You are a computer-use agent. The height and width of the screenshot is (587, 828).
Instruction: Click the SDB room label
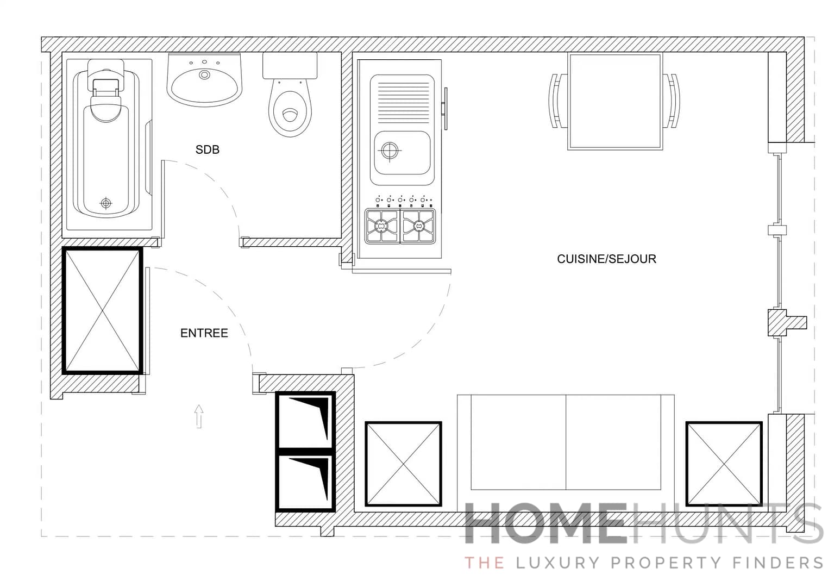click(x=207, y=149)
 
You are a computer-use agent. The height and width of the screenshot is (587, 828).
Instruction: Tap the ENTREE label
click(x=204, y=333)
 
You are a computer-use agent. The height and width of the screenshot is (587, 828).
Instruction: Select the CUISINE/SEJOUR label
click(x=606, y=259)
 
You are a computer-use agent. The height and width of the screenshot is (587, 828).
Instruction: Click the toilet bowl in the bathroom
click(x=291, y=111)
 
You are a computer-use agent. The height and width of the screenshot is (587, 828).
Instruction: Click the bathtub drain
click(x=106, y=203)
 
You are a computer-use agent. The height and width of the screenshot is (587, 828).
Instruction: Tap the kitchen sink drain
click(x=390, y=150)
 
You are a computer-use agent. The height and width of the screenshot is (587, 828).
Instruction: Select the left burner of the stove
click(x=382, y=226)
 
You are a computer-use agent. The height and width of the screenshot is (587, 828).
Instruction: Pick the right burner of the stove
click(x=418, y=226)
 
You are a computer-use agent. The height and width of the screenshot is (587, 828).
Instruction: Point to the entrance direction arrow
click(x=199, y=416)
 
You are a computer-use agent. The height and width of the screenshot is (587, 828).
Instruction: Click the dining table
click(x=614, y=101)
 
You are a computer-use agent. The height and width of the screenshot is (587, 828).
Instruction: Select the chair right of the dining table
click(x=672, y=101)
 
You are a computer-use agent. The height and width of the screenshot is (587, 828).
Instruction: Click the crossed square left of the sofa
click(x=403, y=464)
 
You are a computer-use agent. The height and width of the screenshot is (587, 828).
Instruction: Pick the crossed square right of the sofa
click(x=724, y=464)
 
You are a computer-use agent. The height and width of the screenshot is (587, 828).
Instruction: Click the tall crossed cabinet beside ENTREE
click(x=102, y=310)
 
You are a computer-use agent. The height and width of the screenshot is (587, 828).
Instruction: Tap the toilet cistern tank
click(x=290, y=66)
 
